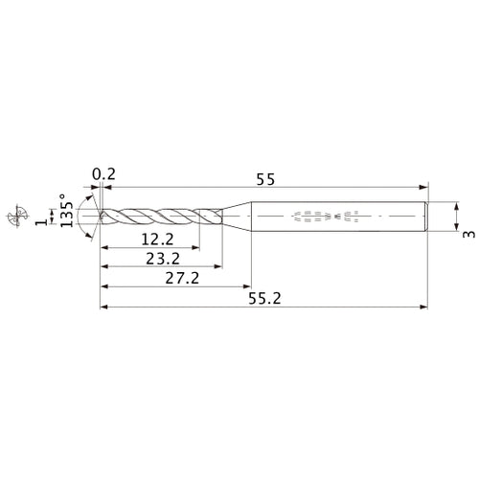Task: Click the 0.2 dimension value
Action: click(x=103, y=174)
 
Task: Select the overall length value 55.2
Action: click(x=264, y=299)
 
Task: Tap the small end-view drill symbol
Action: click(x=13, y=217)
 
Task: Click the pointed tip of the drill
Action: click(x=100, y=217)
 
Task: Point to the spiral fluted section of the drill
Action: click(x=158, y=217)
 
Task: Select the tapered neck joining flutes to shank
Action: click(x=236, y=217)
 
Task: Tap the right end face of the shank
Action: click(x=425, y=217)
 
